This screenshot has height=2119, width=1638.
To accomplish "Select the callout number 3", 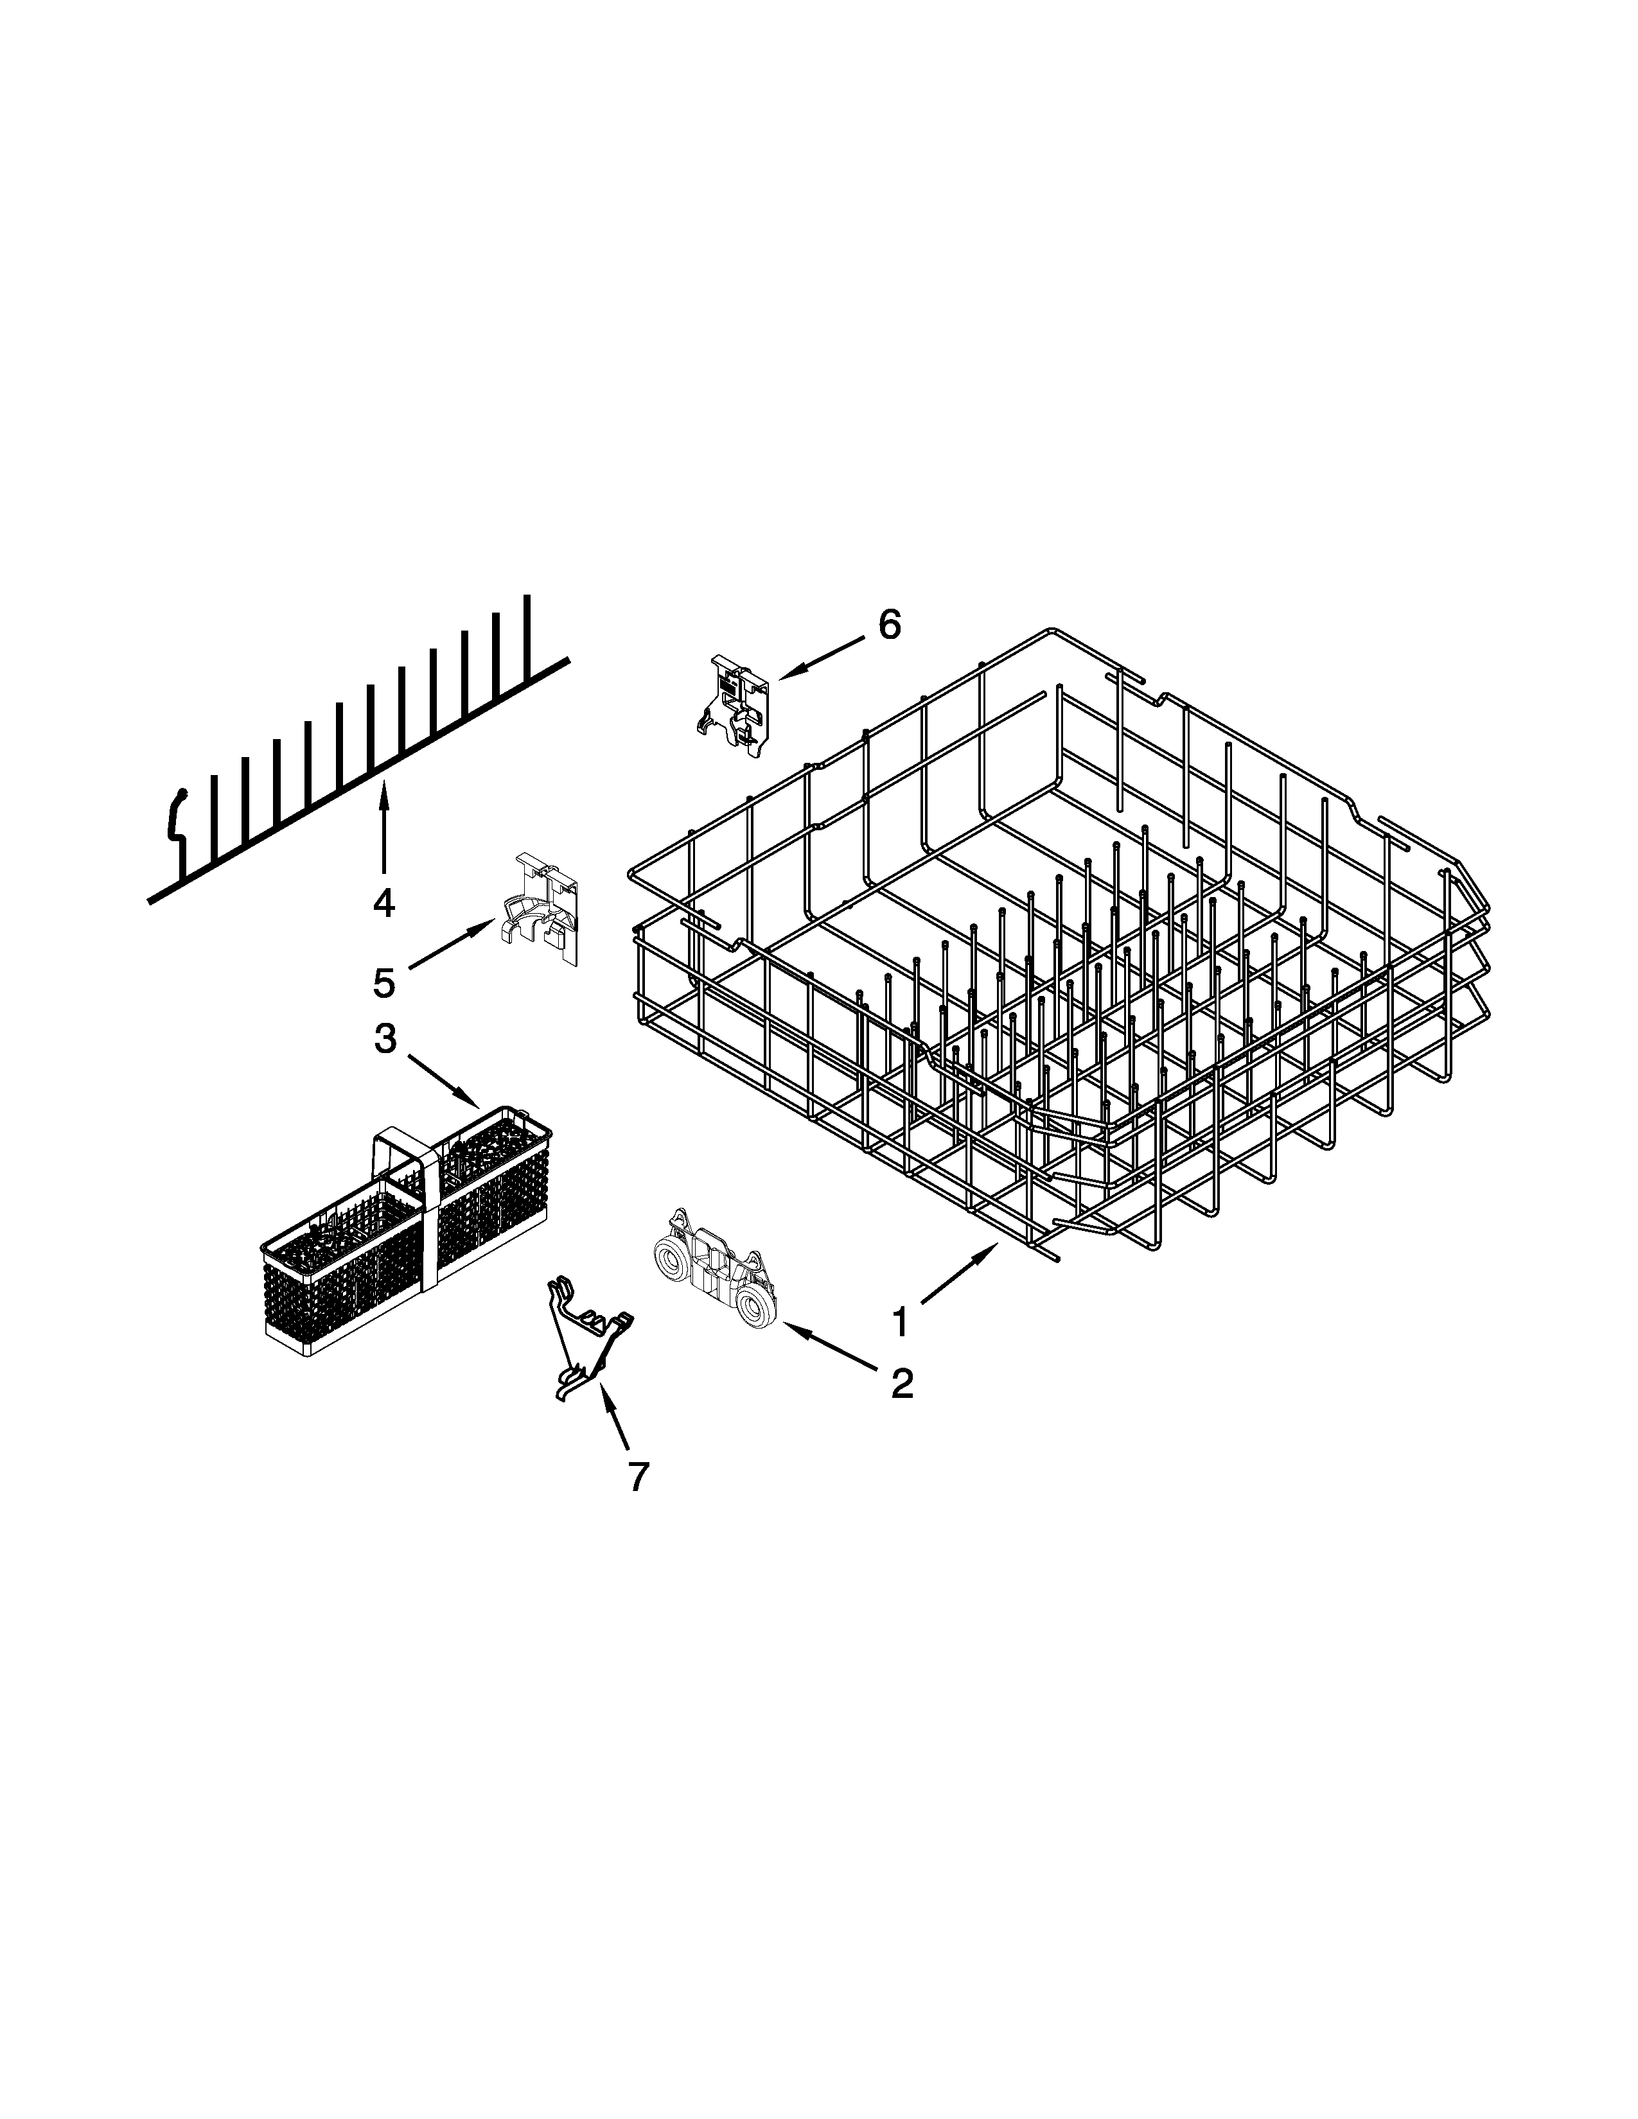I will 385,1038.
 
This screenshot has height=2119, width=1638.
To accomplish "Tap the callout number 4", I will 384,903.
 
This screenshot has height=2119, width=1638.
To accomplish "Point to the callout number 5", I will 384,983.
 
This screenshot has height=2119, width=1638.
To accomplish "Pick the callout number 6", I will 889,625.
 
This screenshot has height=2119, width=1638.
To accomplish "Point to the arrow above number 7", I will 613,1418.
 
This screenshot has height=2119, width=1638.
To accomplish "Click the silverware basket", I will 407,1232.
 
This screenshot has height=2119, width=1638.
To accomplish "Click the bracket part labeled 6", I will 735,718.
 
